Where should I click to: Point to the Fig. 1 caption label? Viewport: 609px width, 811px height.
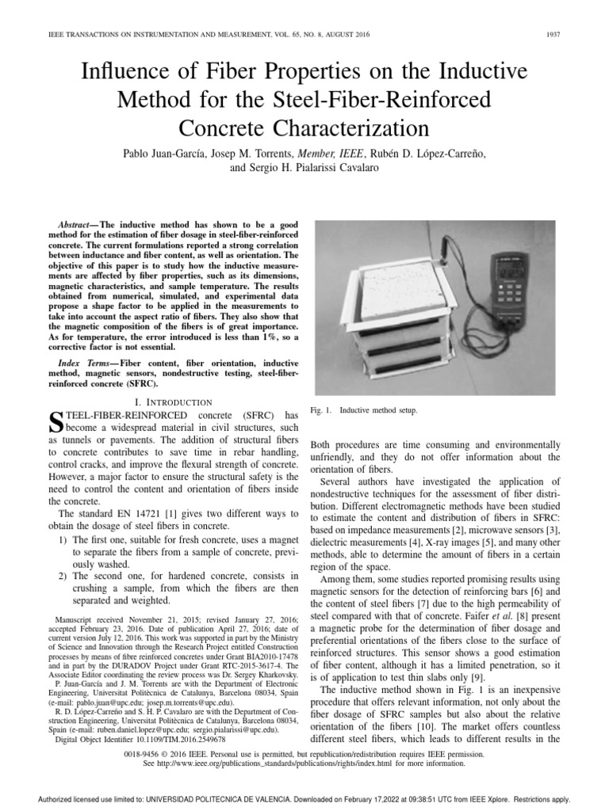[321, 411]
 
